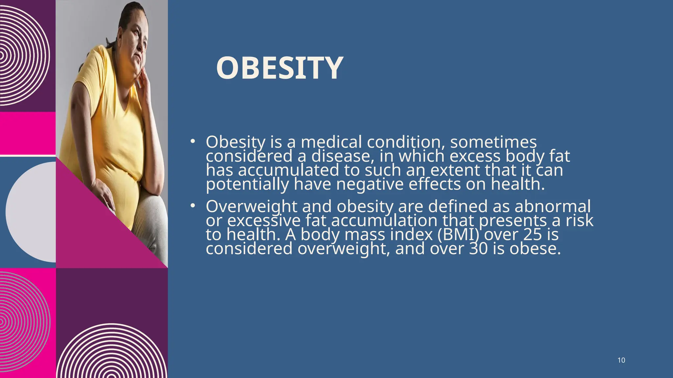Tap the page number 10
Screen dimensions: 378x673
click(x=621, y=360)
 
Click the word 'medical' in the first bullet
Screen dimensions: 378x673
click(x=331, y=142)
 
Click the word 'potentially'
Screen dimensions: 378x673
click(x=247, y=184)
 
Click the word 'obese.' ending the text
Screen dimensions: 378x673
click(x=535, y=248)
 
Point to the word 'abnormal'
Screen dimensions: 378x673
click(x=552, y=207)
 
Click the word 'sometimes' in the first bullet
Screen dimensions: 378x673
click(x=493, y=142)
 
